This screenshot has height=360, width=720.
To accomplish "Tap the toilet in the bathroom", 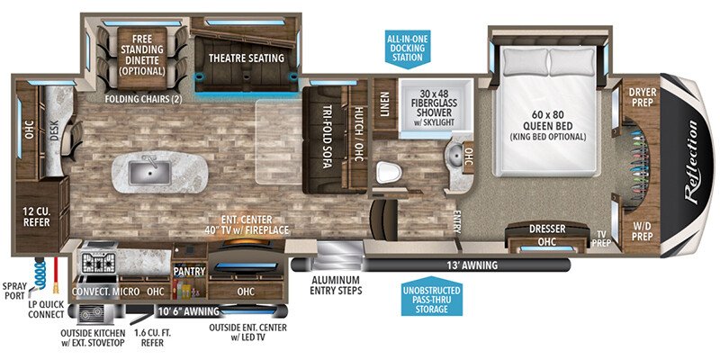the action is pyautogui.click(x=388, y=173).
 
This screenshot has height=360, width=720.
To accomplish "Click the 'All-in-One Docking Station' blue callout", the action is pyautogui.click(x=408, y=47).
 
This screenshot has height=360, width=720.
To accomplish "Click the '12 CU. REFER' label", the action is pyautogui.click(x=37, y=217).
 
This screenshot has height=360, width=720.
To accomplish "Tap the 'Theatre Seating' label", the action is pyautogui.click(x=247, y=58).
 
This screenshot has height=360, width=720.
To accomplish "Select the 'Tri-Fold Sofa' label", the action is pyautogui.click(x=327, y=138).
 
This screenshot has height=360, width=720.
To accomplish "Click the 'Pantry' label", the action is pyautogui.click(x=189, y=272).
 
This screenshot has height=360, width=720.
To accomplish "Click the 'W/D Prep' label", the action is pyautogui.click(x=643, y=231).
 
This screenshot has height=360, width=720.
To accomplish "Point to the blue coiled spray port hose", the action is pyautogui.click(x=40, y=274).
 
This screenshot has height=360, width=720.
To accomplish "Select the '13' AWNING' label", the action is pyautogui.click(x=472, y=265).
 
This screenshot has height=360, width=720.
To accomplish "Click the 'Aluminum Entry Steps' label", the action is pyautogui.click(x=336, y=284).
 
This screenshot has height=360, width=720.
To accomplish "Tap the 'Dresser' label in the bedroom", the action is pyautogui.click(x=547, y=229).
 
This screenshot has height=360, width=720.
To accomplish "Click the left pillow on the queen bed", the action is pyautogui.click(x=526, y=62).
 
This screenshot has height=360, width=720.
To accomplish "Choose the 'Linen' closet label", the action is pyautogui.click(x=384, y=104).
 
